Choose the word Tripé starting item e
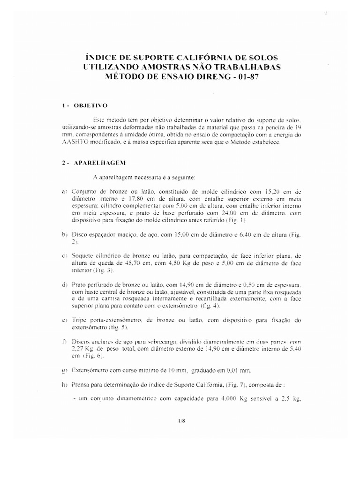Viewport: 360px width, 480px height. tap(80, 320)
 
